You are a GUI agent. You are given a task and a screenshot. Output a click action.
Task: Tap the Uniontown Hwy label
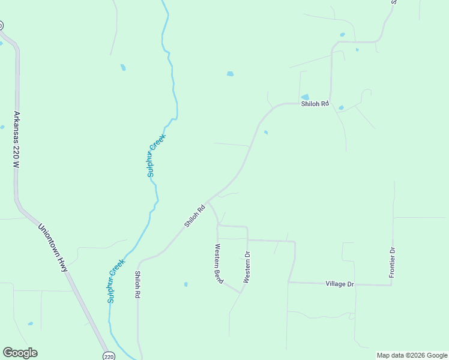(53, 248)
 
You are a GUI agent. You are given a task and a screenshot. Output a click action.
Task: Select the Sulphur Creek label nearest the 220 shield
(116, 280)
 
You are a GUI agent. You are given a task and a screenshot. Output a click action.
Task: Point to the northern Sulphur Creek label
(156, 155)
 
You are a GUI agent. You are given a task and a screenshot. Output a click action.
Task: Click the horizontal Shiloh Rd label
(316, 103)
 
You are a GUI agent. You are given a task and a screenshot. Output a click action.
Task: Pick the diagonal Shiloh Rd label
(194, 216)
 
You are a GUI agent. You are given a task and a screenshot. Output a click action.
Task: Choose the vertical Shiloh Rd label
(137, 285)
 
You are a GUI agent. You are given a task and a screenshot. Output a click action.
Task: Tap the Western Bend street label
(218, 263)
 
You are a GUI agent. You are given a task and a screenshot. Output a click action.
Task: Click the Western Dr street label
(247, 267)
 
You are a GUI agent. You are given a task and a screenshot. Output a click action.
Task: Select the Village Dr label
(340, 283)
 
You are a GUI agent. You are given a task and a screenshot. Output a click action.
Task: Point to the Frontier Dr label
(392, 262)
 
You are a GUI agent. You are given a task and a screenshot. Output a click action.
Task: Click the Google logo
(20, 353)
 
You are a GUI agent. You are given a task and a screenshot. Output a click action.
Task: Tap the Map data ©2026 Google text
(412, 355)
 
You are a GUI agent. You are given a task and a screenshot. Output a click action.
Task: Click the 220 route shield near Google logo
(108, 356)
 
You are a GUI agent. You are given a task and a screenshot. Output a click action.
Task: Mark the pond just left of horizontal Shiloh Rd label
(305, 97)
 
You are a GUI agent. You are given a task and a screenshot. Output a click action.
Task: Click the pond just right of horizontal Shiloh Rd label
(341, 107)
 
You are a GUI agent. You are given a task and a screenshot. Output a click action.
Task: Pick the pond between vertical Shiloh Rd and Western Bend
(186, 284)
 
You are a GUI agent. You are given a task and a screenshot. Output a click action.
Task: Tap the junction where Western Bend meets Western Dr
(242, 293)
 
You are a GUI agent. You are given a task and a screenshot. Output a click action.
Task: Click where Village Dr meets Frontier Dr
(392, 285)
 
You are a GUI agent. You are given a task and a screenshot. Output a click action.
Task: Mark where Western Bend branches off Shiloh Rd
(208, 201)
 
